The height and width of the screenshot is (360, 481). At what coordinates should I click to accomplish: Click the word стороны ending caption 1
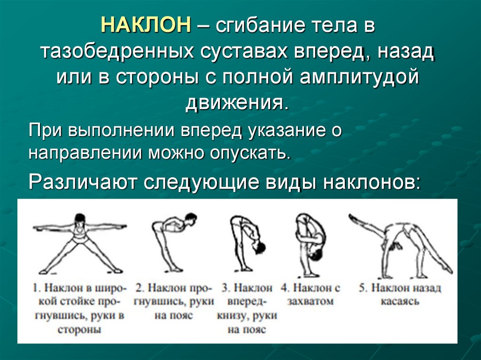tap(79, 329)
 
